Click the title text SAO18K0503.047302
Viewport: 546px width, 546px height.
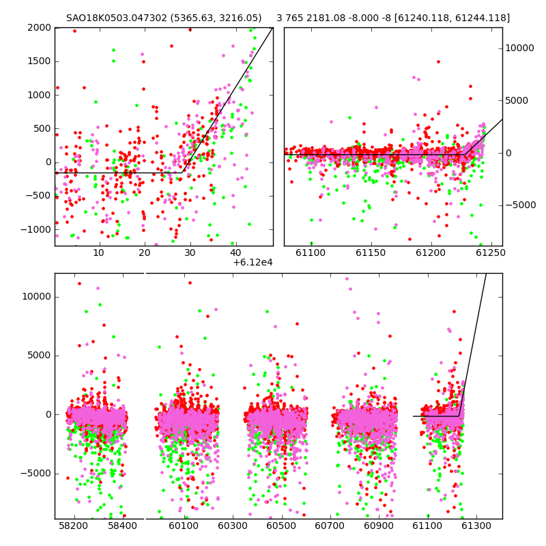pos(117,18)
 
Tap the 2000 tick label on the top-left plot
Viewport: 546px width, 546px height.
pos(39,27)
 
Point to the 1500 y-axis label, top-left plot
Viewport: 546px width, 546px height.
pos(39,61)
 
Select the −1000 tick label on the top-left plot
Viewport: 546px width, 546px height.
pos(36,229)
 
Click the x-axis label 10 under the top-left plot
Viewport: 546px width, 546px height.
pos(99,253)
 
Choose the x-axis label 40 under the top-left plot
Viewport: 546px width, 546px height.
pos(235,253)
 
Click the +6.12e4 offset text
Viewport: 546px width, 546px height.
pos(253,263)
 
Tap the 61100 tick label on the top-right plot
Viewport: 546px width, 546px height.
pos(311,253)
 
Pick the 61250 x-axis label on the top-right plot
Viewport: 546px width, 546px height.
pos(490,253)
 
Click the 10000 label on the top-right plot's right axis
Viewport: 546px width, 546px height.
pos(519,48)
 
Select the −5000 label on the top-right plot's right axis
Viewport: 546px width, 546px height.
pos(521,205)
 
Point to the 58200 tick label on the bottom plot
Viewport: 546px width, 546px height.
pos(73,526)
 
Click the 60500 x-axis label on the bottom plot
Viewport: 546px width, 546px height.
pos(281,526)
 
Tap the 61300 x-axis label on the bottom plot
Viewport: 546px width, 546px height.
pos(476,526)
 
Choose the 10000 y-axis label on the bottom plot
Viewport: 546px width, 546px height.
pos(37,297)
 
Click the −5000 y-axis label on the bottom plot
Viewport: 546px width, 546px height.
pos(36,474)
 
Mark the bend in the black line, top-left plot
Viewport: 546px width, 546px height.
pos(182,173)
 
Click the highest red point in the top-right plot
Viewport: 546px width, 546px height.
pos(438,61)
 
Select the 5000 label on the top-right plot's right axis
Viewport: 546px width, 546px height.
pos(517,100)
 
